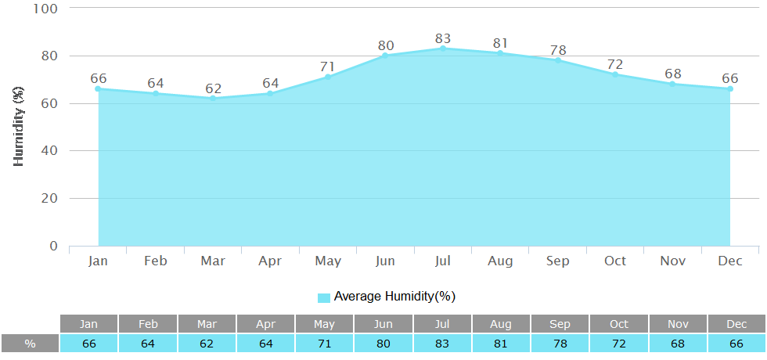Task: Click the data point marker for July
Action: [x=443, y=49]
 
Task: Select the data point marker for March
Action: [x=213, y=98]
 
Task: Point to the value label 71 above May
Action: [x=328, y=66]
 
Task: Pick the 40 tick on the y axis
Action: [x=49, y=151]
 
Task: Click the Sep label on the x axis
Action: [x=557, y=261]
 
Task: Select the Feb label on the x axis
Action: [x=156, y=261]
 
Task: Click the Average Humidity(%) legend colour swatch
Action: [x=324, y=297]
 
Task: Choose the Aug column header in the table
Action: [x=501, y=324]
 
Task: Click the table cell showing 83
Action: [x=443, y=344]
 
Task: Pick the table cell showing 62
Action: [x=207, y=344]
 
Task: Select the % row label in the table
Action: [x=30, y=344]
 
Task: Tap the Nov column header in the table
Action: [x=678, y=324]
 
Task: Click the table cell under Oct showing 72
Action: [x=619, y=344]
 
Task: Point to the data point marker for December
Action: [x=730, y=88]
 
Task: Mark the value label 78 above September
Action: [x=557, y=49]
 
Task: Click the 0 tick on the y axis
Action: [x=53, y=246]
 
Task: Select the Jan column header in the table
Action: [x=89, y=324]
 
